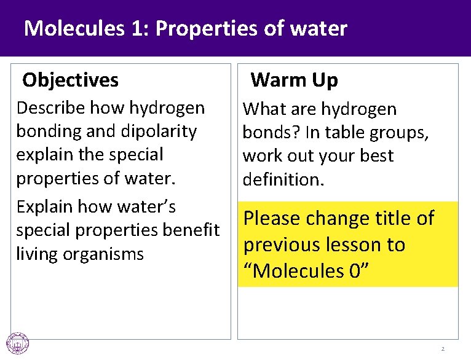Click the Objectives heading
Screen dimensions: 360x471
(70, 80)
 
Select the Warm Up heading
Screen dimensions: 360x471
(295, 80)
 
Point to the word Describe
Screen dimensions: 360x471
(51, 108)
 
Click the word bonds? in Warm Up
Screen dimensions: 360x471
(266, 133)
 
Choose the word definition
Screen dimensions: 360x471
(278, 179)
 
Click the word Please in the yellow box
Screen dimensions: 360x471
(271, 218)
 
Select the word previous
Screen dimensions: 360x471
(280, 245)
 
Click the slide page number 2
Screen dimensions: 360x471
(442, 350)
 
